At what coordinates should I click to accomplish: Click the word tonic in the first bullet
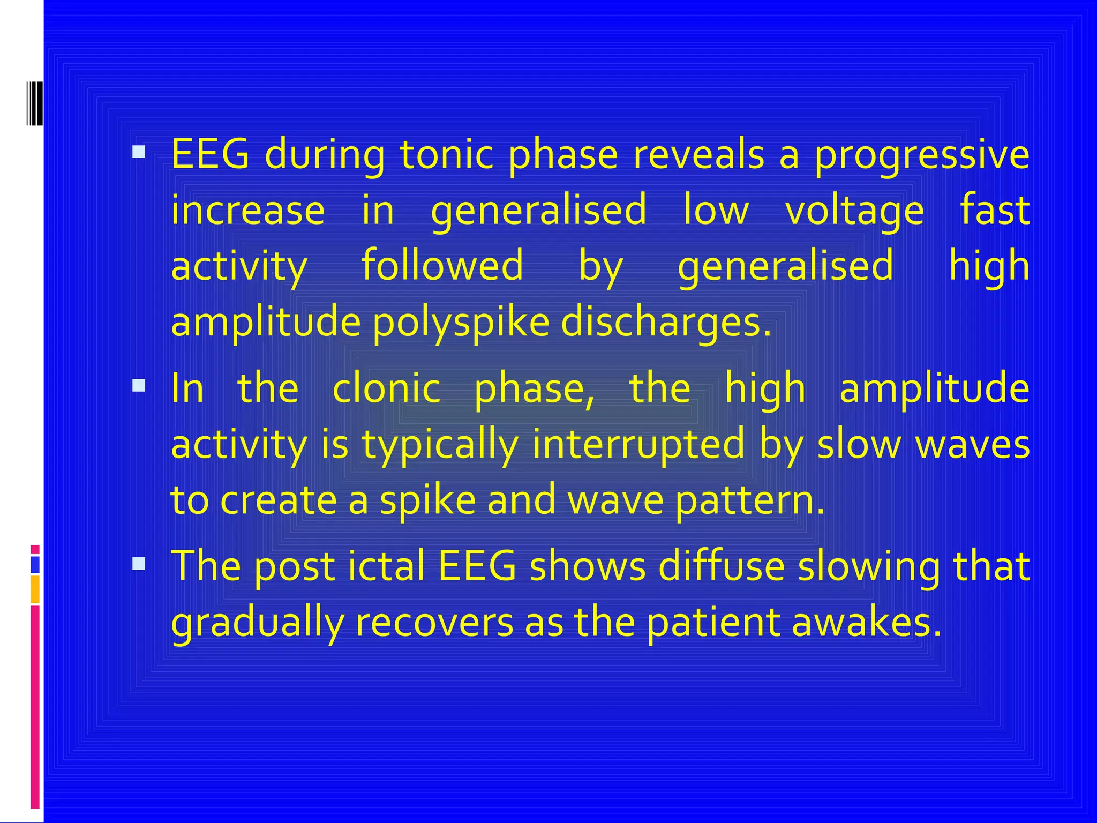pos(446,155)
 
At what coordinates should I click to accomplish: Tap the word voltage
pos(854,211)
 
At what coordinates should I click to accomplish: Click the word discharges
pos(666,324)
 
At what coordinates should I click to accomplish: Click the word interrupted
pos(638,445)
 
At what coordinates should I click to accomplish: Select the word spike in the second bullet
pos(427,500)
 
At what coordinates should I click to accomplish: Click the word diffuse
pos(721,566)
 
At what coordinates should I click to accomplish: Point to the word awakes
pos(866,623)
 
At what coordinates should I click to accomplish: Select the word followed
pos(442,266)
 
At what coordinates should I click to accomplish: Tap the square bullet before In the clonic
pos(139,386)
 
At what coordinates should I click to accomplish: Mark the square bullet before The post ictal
pos(139,564)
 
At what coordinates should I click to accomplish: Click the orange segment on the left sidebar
pos(35,589)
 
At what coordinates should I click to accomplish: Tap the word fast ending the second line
pos(994,210)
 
